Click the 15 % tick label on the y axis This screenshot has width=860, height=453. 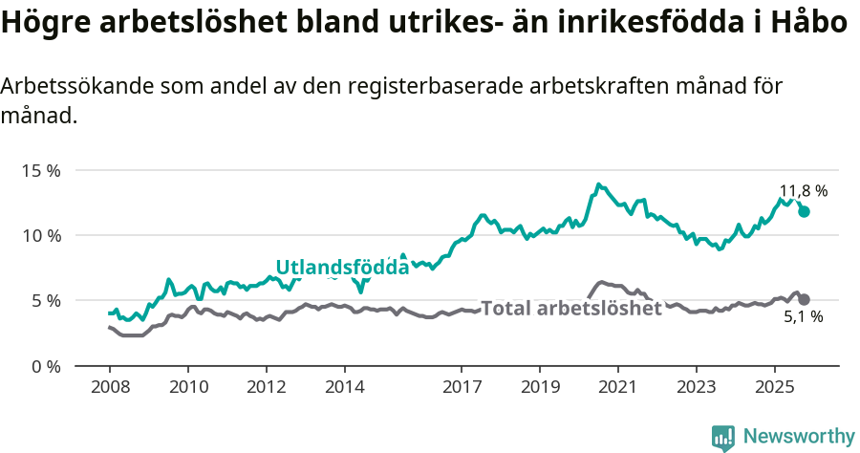pos(40,170)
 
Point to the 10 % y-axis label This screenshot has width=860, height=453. pos(40,235)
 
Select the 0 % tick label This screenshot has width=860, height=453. pos(44,366)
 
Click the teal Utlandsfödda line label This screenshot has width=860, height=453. pos(342,268)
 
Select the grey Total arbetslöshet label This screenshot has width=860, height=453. pos(570,309)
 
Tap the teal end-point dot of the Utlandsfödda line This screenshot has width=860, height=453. pos(805,211)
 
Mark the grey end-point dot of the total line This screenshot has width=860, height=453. pos(805,299)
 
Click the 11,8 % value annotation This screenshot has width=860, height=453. pos(804,190)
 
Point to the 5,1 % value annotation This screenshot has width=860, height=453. pos(803,317)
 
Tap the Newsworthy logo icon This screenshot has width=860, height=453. pos(723,438)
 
